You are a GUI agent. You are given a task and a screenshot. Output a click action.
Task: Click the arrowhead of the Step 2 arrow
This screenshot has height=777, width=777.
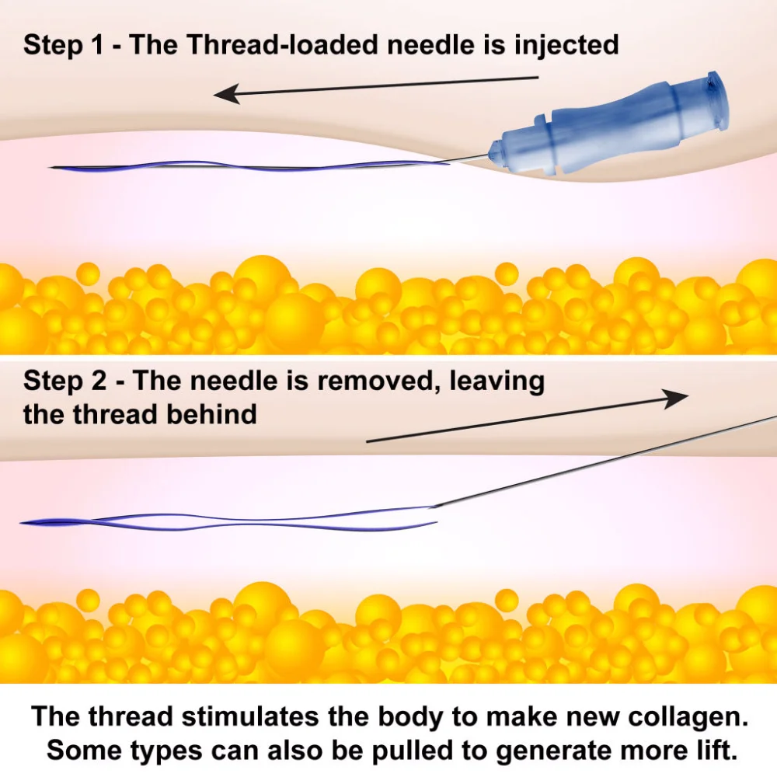pos(675,398)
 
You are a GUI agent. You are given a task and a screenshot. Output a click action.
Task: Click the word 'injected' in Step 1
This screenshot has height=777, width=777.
pos(566,45)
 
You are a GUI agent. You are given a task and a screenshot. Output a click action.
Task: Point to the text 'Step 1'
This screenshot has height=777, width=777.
pos(64,45)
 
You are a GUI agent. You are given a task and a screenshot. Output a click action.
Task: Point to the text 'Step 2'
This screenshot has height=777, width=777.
pos(64,381)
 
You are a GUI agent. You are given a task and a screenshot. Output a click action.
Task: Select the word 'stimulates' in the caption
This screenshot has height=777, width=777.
pos(249,716)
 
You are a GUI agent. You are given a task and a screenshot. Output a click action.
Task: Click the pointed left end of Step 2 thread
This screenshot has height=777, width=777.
pos(21,523)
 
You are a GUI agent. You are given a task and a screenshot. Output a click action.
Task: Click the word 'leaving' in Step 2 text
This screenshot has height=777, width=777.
pos(497,382)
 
